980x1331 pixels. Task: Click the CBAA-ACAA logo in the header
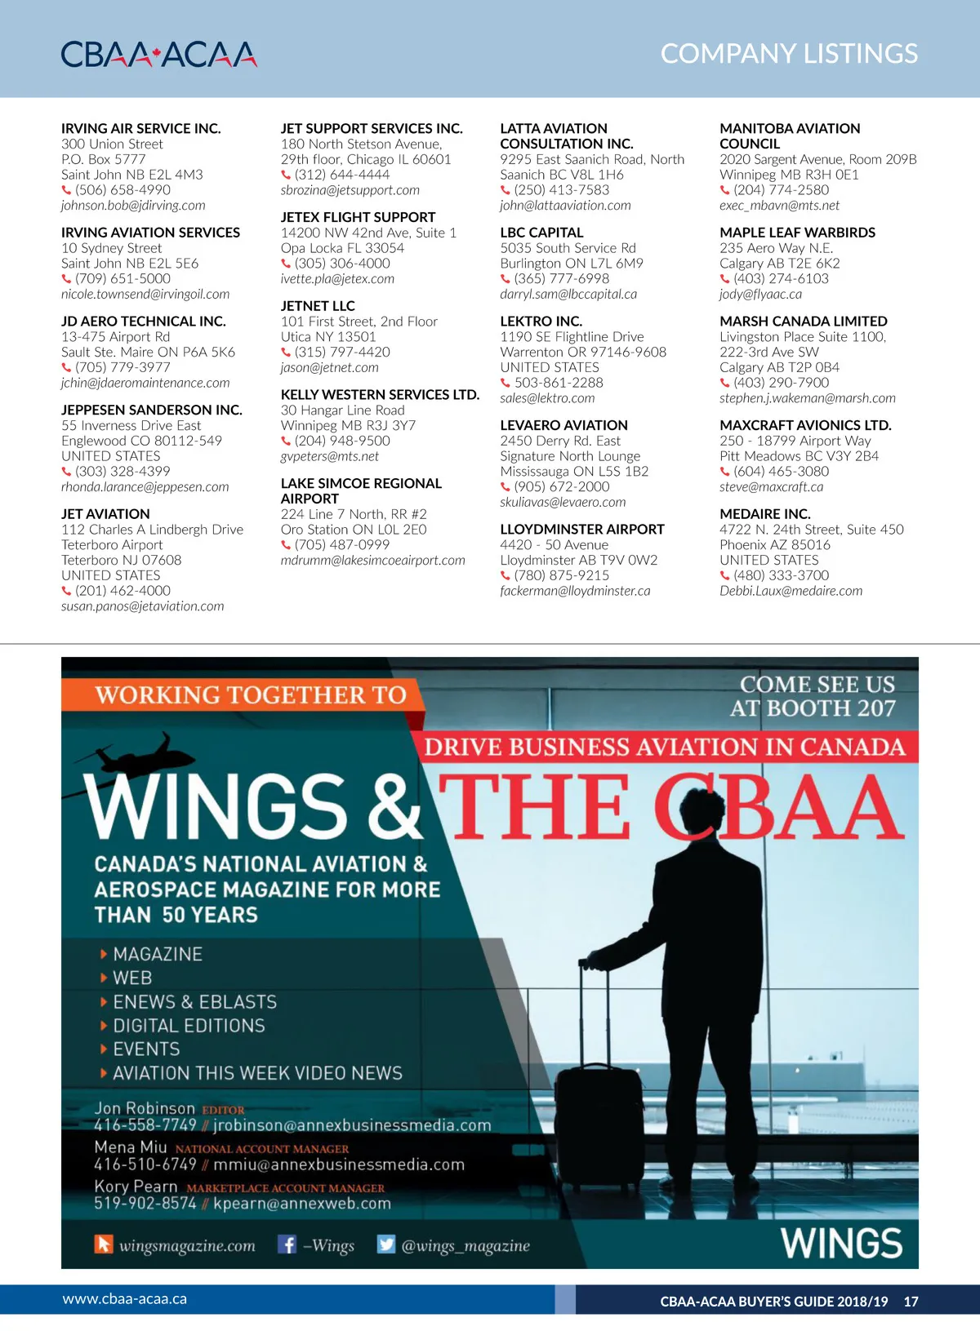tap(158, 54)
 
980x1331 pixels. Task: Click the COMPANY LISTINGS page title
tap(788, 54)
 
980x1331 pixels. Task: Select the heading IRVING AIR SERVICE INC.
tap(140, 128)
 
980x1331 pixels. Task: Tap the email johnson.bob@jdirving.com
tap(133, 206)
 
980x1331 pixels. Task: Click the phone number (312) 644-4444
tap(342, 175)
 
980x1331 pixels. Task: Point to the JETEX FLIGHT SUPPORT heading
tap(358, 217)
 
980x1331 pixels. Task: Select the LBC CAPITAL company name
tap(541, 233)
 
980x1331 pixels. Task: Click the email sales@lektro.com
tap(547, 398)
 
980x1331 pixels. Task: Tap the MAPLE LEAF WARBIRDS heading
tap(797, 233)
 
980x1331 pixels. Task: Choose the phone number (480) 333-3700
tap(781, 575)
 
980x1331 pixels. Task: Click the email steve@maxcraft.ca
tap(771, 487)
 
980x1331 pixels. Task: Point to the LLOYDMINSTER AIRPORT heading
tap(581, 530)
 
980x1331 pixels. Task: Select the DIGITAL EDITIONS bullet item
tap(189, 1026)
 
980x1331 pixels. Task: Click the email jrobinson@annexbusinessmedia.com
tap(352, 1125)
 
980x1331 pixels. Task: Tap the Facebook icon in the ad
tap(287, 1244)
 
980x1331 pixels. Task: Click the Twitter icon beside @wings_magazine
tap(385, 1244)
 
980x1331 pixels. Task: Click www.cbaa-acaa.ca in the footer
tap(124, 1298)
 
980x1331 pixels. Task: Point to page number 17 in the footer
tap(911, 1302)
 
